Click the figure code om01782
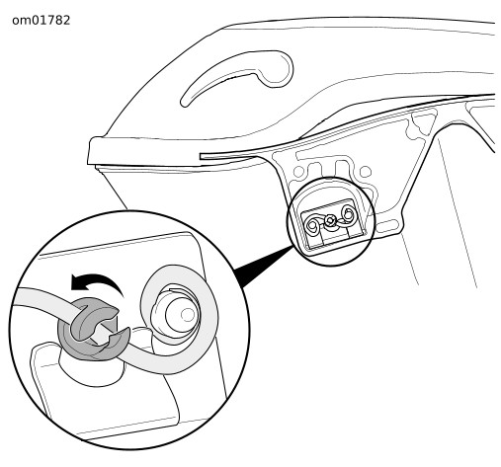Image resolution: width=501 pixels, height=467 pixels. click(x=42, y=21)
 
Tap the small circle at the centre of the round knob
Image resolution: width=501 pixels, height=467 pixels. click(x=188, y=315)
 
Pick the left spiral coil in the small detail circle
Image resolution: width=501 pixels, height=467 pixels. click(x=312, y=225)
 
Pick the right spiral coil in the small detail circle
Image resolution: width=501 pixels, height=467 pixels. click(x=348, y=214)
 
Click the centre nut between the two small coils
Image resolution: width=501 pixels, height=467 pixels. click(x=330, y=221)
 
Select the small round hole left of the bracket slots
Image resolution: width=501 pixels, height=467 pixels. click(x=298, y=172)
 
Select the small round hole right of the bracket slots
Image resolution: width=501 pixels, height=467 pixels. click(x=366, y=172)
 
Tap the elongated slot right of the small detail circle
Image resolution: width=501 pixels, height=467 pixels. click(x=387, y=225)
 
